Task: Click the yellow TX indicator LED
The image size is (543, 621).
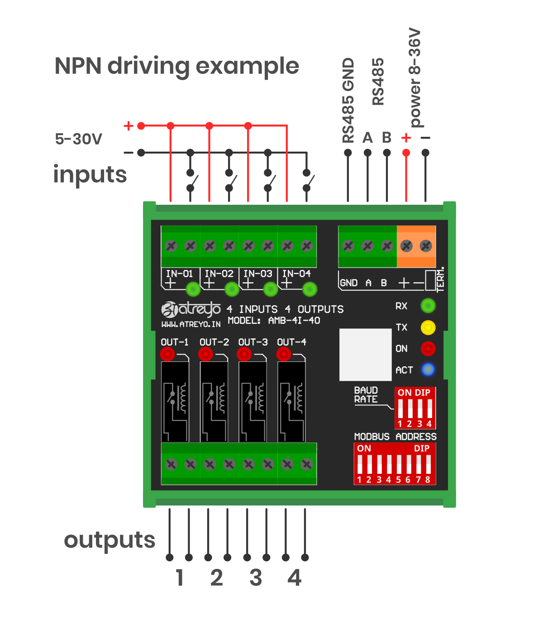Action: coord(428,327)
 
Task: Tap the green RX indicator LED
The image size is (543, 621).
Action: coord(428,306)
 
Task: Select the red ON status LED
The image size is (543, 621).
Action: coord(428,348)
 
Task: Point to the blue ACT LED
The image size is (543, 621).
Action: coord(428,370)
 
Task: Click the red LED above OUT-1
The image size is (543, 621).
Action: coord(167,353)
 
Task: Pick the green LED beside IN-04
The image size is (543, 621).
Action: coord(310,289)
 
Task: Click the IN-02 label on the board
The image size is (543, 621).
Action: coord(219,274)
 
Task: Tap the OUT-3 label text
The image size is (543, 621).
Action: coord(253,342)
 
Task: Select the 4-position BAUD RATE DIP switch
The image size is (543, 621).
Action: coord(414,408)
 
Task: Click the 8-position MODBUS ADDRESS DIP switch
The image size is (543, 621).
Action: coord(395,464)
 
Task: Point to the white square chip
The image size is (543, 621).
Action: coord(365,355)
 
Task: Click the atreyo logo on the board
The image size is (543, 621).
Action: coord(191,309)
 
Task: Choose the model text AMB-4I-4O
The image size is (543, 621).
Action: coord(294,321)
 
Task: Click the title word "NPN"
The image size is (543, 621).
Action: coord(78,66)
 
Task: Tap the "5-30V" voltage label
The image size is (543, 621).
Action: coord(79,139)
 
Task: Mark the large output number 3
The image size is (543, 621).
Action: coord(256,578)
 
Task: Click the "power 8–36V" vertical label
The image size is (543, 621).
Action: coord(415,78)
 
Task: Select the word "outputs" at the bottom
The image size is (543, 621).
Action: coord(110,540)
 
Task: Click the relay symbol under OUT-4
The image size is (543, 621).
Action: coord(291,401)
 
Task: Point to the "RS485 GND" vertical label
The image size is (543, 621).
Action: coord(348,100)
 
